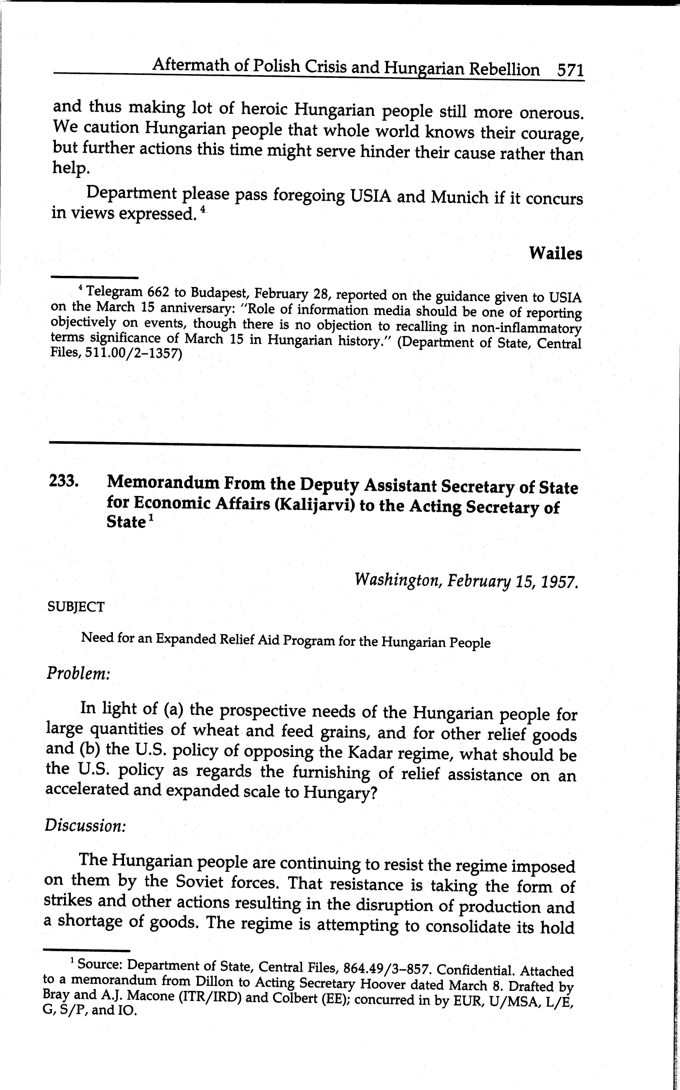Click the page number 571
pos(570,70)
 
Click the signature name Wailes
pos(555,254)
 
